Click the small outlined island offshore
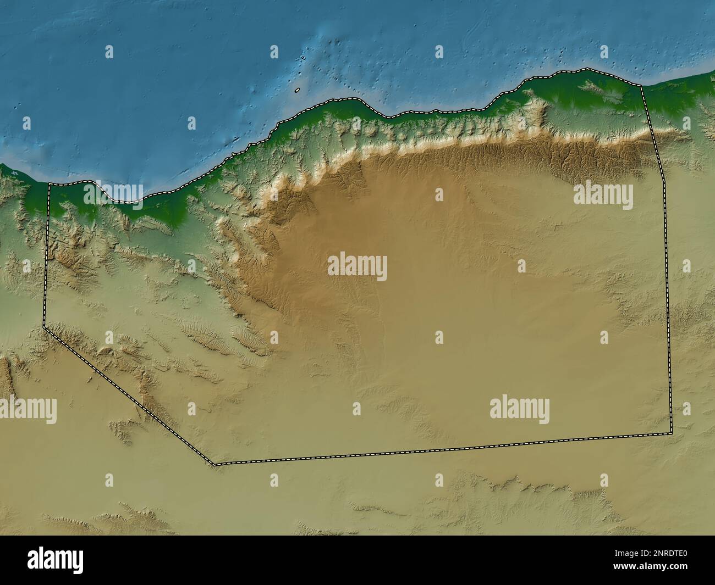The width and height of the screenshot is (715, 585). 297,91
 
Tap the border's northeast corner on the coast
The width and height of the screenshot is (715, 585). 642,86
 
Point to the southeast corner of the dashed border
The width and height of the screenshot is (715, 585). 672,433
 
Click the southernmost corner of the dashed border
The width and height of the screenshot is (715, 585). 215,465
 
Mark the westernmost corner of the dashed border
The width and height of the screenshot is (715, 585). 44,328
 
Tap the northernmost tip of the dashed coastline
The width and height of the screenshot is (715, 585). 586,69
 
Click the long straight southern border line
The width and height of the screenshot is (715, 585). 440,449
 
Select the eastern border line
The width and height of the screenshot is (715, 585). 667,275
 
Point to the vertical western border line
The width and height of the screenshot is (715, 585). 47,253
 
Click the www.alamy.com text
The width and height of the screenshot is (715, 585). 659,570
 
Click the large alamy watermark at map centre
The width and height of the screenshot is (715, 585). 358,268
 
